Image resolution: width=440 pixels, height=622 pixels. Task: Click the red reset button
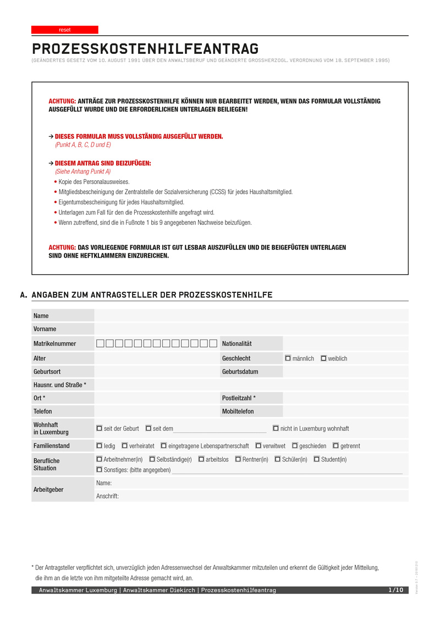click(65, 30)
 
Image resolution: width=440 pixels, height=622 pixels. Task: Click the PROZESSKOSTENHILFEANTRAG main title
click(145, 49)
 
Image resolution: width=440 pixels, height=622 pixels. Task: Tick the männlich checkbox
click(288, 358)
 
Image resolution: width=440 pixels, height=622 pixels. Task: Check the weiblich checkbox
click(323, 358)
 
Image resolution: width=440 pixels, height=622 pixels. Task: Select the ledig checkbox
click(99, 446)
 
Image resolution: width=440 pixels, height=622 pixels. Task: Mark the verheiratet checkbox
click(124, 446)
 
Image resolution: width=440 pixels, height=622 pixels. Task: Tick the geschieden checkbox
click(295, 446)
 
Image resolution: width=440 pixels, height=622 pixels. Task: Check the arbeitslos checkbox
click(201, 459)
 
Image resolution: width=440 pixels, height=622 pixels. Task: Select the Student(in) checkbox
click(317, 459)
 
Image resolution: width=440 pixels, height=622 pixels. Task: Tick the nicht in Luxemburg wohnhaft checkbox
click(276, 428)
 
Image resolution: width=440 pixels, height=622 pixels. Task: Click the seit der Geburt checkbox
click(99, 428)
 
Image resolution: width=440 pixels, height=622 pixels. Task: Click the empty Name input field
click(251, 315)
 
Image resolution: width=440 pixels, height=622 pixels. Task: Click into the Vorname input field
click(251, 329)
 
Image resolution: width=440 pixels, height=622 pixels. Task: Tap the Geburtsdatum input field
click(345, 371)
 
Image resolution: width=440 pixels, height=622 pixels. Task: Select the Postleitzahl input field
click(345, 398)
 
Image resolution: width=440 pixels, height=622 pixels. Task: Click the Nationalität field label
click(237, 344)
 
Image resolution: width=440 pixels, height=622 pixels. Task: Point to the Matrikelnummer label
click(54, 344)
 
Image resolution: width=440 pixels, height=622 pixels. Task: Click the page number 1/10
click(396, 590)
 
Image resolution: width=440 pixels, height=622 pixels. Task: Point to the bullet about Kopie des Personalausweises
click(94, 181)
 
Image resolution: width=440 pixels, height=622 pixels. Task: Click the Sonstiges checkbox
click(99, 470)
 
